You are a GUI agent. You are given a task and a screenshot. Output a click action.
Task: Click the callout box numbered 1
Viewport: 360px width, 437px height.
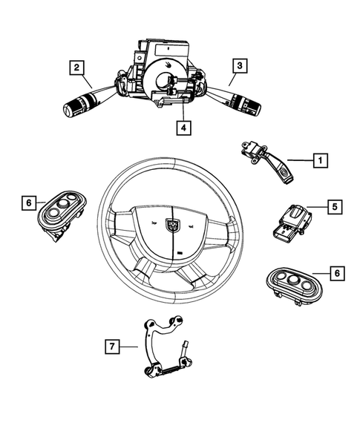(x=320, y=160)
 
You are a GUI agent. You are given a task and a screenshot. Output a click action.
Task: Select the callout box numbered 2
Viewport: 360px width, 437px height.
(x=76, y=68)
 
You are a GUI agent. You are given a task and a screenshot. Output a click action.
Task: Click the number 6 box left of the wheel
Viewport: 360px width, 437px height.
(x=28, y=202)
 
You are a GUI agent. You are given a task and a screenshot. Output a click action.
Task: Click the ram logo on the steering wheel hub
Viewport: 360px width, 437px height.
(x=172, y=221)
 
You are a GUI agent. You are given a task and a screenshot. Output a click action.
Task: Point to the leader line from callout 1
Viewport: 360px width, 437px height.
(x=300, y=160)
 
